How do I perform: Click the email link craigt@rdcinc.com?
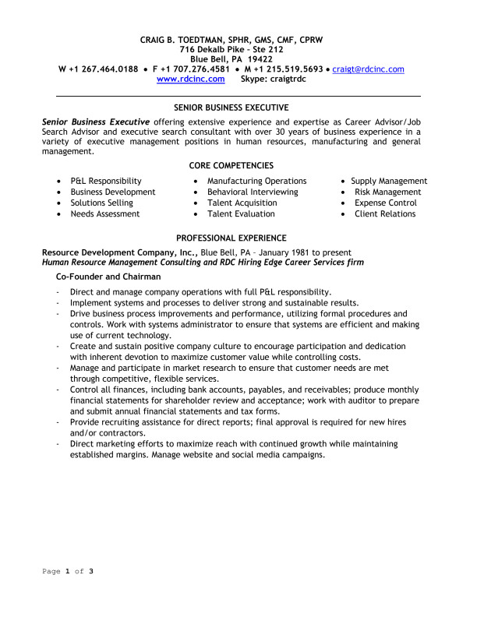click(368, 69)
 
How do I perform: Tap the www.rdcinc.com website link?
click(191, 79)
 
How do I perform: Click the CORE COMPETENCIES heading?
click(231, 165)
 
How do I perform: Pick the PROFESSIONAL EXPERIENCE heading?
click(231, 238)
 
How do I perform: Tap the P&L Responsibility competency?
click(106, 181)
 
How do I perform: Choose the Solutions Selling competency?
click(101, 203)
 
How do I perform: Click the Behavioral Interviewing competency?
click(253, 192)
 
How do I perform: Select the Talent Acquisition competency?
click(242, 203)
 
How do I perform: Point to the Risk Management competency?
click(387, 192)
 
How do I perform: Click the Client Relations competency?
click(385, 213)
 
